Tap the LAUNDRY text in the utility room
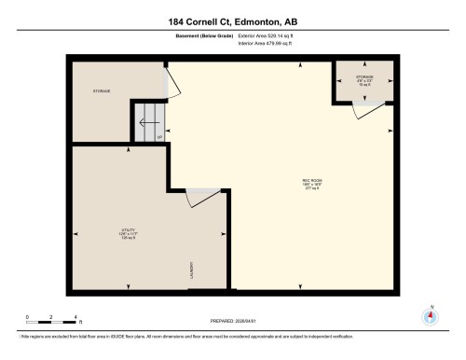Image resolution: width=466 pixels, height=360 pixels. [191, 270]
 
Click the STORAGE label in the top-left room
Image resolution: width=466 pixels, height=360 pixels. [102, 91]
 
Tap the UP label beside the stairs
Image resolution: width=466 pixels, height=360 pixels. [159, 137]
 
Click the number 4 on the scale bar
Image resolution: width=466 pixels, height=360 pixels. [78, 317]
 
